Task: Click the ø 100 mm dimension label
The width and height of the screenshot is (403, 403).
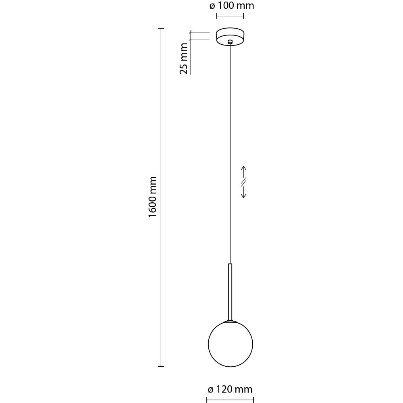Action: (232, 6)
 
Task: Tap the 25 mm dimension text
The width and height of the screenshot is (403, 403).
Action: (184, 58)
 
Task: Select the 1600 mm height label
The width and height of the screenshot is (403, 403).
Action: (153, 197)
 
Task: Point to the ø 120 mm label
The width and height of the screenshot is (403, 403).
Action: (230, 389)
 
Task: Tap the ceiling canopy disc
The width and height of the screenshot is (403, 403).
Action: (230, 37)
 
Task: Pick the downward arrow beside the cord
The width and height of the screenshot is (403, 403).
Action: (243, 192)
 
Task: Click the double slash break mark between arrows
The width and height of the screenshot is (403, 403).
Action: (243, 182)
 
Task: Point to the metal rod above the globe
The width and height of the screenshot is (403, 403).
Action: (230, 292)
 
